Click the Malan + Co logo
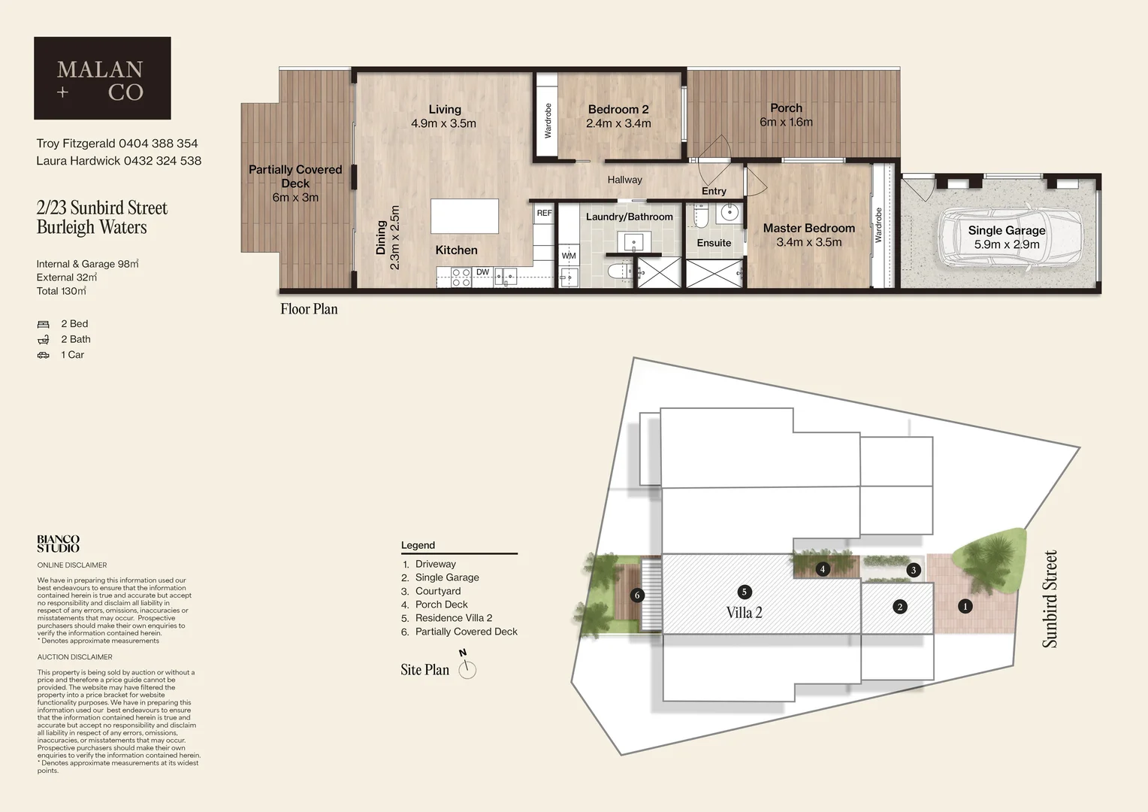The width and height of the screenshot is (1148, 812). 102,78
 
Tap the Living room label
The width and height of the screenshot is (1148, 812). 445,110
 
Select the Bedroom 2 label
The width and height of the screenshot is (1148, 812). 618,110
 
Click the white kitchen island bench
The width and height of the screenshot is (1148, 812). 464,217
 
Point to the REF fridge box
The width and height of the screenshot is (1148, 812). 544,214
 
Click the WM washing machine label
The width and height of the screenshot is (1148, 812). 569,256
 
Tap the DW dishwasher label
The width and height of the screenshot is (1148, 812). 482,272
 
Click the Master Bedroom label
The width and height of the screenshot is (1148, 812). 808,229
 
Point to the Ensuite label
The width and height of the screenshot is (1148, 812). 713,243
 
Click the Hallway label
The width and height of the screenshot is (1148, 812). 624,180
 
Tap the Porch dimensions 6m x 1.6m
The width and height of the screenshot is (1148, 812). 786,123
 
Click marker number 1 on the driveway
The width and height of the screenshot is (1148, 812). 965,606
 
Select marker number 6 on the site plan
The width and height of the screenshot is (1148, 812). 637,595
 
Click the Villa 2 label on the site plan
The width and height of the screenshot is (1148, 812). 744,613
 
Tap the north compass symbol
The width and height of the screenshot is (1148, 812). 467,668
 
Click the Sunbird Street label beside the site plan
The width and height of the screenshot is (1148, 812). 1050,598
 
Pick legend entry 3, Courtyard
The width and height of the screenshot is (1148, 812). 438,591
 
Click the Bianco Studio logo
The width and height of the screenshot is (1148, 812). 58,544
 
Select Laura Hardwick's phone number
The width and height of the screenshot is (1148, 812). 162,161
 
